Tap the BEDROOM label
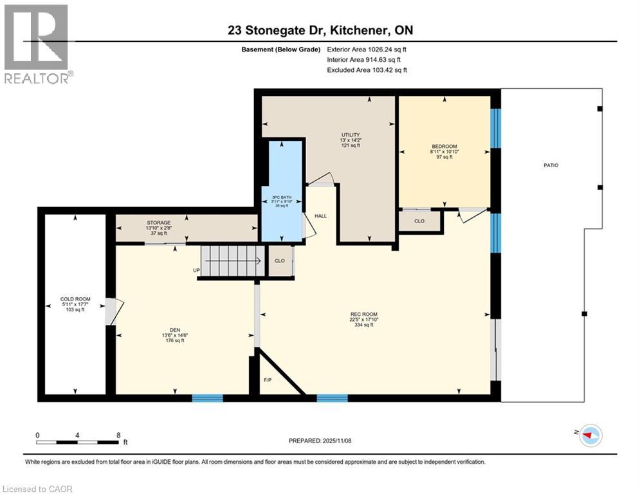(x=444, y=147)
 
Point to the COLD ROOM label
(x=75, y=299)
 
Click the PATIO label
(x=551, y=165)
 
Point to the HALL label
(x=320, y=216)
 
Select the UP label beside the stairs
(x=196, y=270)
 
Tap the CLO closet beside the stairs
(x=279, y=261)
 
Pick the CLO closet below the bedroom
(x=419, y=221)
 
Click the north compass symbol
(x=590, y=435)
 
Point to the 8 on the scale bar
(x=118, y=435)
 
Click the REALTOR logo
(x=37, y=44)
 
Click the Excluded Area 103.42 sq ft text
(x=367, y=70)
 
